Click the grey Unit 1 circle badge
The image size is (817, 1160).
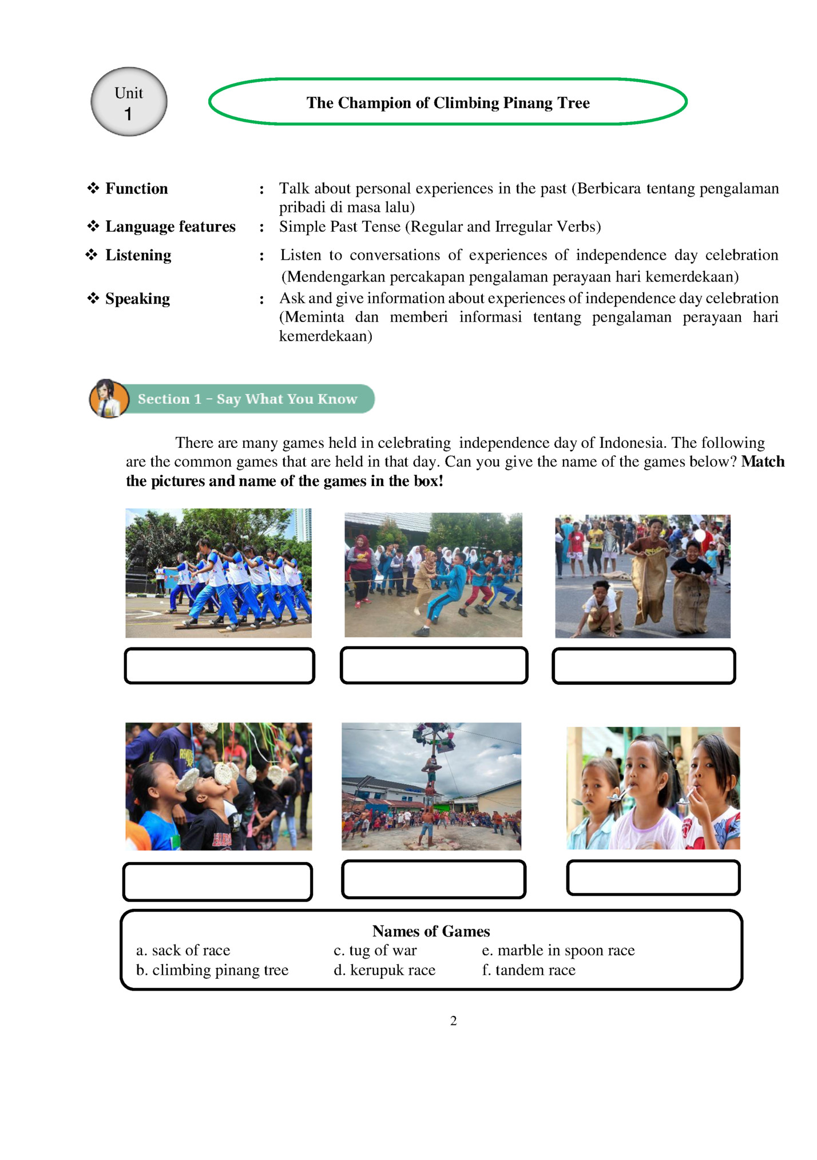pos(129,102)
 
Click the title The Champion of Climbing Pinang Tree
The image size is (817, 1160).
pos(447,102)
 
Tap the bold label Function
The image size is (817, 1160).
pos(136,189)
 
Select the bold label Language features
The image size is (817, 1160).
pos(170,227)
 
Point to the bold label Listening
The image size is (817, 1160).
pos(138,255)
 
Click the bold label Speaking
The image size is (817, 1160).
pos(137,299)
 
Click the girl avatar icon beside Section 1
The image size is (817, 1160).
pos(108,398)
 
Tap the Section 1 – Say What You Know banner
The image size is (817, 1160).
pos(247,399)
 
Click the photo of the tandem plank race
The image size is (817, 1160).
pos(219,573)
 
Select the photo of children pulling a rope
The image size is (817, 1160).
pos(433,574)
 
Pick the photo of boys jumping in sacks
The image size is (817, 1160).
pos(643,576)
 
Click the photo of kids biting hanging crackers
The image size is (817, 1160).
pos(219,786)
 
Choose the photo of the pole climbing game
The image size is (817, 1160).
pos(431,786)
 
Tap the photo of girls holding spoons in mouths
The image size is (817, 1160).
pos(653,788)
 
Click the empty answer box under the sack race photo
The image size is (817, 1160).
pos(644,666)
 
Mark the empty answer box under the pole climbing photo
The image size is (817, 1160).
pos(434,879)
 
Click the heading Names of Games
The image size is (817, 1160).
pos(431,931)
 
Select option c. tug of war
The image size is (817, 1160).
pos(375,950)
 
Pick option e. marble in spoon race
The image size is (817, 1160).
pos(558,950)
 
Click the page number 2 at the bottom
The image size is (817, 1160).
pos(453,1021)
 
